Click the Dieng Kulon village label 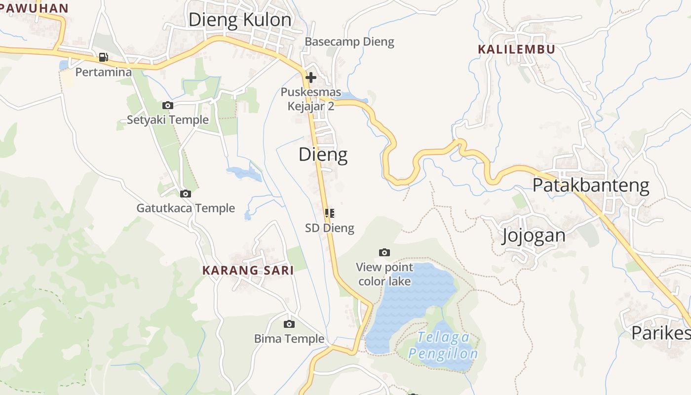(x=240, y=20)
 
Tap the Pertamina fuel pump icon (x=103, y=57)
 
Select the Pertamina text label (x=104, y=72)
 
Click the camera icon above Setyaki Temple (x=168, y=105)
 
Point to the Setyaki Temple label (x=168, y=119)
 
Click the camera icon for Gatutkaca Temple (x=186, y=194)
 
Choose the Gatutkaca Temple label (x=186, y=208)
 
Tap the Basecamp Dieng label (x=349, y=42)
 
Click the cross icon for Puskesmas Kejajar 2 (x=311, y=78)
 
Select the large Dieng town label (x=323, y=155)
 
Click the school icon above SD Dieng (x=330, y=213)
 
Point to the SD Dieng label (x=330, y=228)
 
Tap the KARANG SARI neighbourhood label (x=248, y=270)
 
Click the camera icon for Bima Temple (x=289, y=324)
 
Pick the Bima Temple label (x=289, y=339)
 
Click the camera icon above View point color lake (x=384, y=253)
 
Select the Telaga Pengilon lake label (x=443, y=346)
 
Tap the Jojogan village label (x=534, y=236)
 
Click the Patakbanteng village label (x=591, y=185)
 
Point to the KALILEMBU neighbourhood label (x=517, y=49)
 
